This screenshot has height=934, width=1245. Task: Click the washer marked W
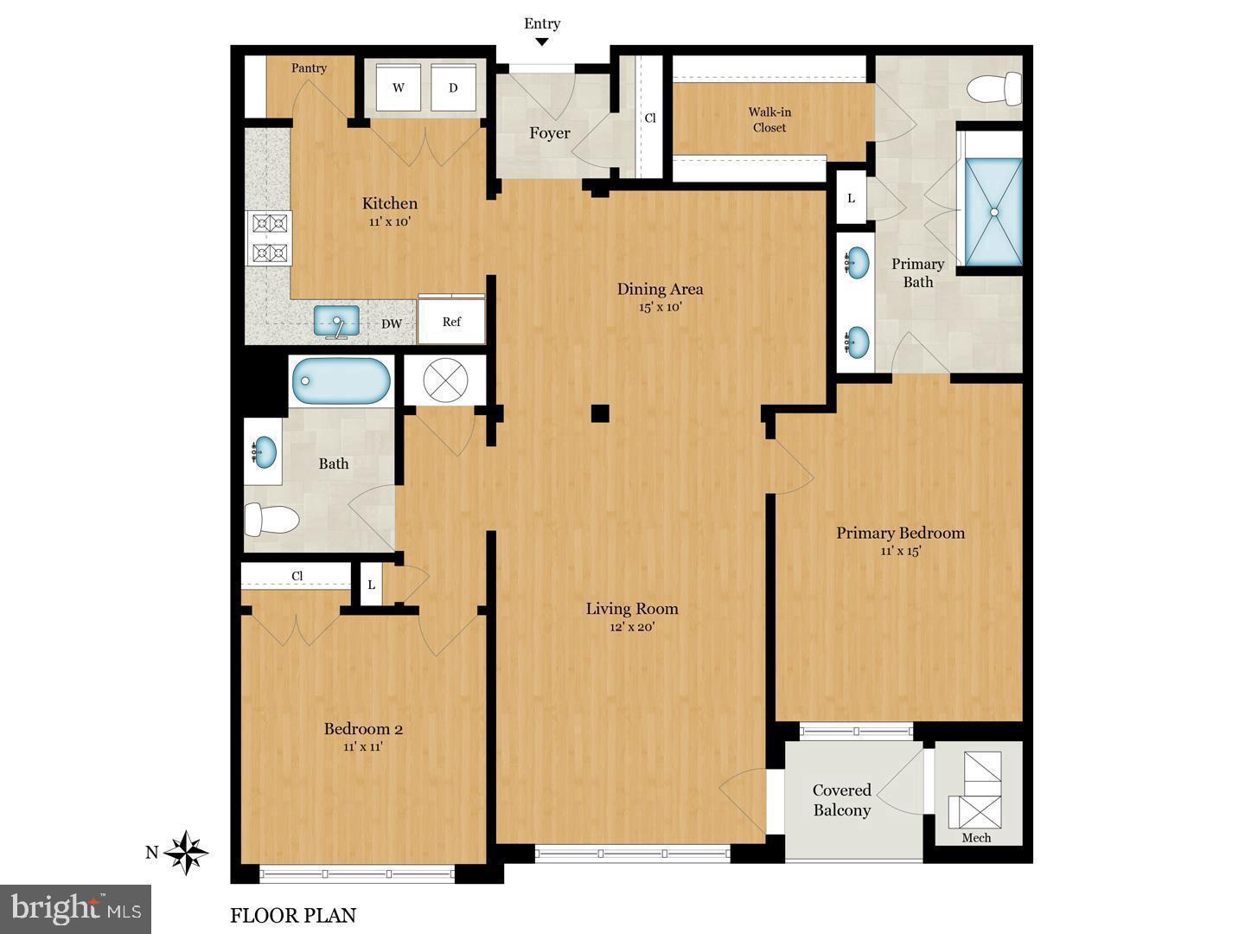tap(399, 87)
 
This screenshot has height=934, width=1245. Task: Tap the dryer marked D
tap(452, 87)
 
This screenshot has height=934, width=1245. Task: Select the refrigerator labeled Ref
tap(451, 322)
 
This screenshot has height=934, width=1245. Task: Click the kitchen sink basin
tap(335, 321)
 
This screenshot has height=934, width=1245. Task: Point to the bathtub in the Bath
tap(341, 381)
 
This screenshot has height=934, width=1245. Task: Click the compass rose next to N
tap(186, 853)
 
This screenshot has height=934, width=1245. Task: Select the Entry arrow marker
tap(542, 42)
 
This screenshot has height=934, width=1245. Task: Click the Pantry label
tap(309, 68)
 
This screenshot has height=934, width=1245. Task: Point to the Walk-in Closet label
tap(769, 119)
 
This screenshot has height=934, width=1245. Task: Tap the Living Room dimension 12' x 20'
tap(632, 627)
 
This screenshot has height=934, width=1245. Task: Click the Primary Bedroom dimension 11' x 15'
tap(900, 551)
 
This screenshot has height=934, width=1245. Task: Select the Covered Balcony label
tap(841, 800)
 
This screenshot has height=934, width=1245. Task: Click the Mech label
tap(976, 838)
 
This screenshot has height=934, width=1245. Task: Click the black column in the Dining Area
tap(600, 413)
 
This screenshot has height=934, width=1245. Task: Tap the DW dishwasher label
tap(392, 323)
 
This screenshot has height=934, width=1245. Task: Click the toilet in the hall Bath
tap(271, 520)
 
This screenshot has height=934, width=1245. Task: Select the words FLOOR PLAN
tap(293, 915)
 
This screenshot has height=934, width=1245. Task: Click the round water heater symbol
tap(436, 381)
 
